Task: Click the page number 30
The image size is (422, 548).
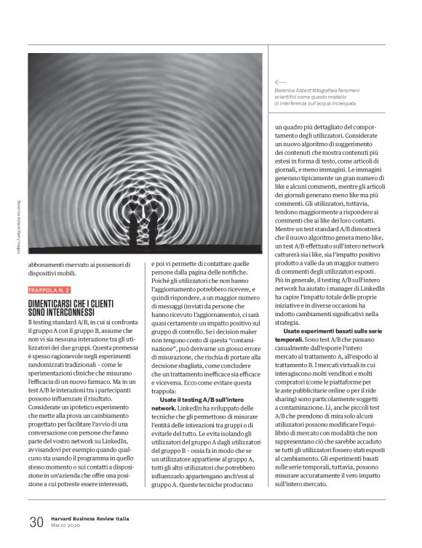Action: click(x=35, y=520)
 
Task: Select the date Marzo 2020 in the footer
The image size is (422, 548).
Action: click(x=66, y=525)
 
